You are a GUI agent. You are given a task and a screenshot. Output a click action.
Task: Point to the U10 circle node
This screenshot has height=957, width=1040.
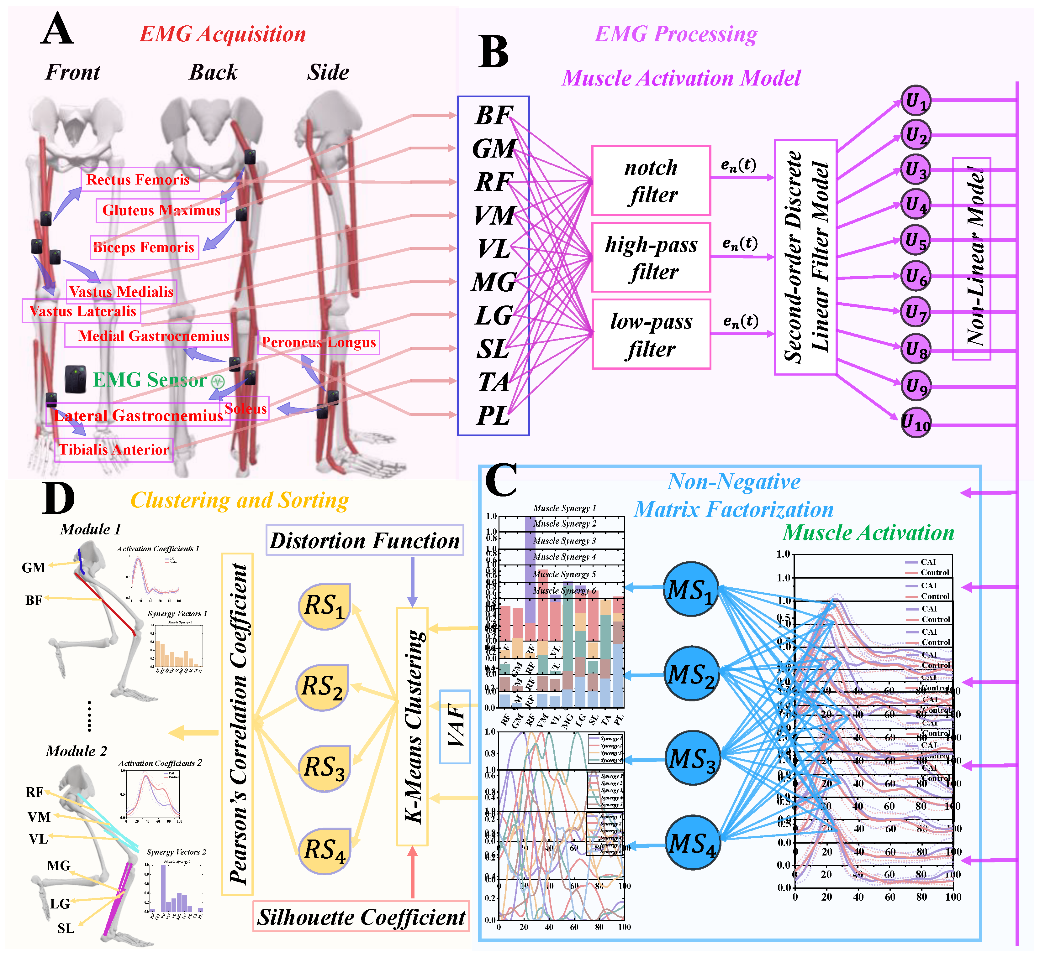click(x=916, y=423)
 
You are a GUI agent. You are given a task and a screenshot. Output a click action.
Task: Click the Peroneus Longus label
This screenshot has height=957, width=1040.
click(x=318, y=342)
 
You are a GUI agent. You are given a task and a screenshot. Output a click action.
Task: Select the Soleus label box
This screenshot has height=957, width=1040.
click(x=246, y=408)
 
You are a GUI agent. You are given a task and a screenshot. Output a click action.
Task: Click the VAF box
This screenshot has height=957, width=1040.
click(x=454, y=726)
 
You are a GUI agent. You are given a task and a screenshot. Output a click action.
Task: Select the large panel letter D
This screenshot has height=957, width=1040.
click(x=58, y=498)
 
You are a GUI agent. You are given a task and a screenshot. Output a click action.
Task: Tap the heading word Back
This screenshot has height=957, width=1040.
click(x=213, y=72)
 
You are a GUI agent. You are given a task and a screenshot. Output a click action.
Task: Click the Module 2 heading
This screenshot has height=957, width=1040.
click(x=76, y=751)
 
